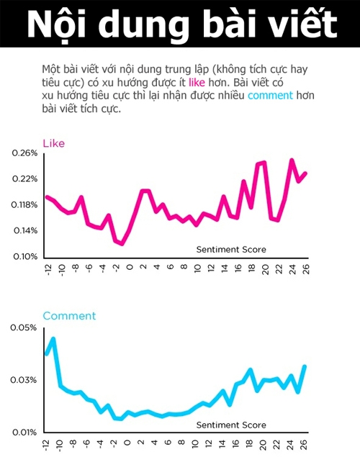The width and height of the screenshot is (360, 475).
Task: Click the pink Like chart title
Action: coord(53,143)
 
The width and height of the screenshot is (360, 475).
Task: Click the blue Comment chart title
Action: coord(69,316)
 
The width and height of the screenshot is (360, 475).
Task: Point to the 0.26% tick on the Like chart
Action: coord(25,153)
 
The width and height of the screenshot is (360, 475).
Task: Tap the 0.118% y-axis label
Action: coord(24,205)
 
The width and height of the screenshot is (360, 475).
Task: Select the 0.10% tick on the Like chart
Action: coord(25,257)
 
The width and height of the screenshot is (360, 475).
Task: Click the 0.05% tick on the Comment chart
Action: coord(23,327)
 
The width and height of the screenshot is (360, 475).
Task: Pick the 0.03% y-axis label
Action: coord(23,380)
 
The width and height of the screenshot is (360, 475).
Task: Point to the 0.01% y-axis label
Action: coord(24,433)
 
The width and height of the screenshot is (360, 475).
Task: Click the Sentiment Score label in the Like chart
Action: coord(231,250)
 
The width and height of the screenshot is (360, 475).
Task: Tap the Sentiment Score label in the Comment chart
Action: coord(231,425)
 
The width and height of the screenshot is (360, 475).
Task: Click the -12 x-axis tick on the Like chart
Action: coord(48,269)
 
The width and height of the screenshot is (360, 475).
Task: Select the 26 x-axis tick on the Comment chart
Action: coord(305,445)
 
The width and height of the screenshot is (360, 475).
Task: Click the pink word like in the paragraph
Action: coord(197,82)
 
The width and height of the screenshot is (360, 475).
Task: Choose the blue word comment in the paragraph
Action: coord(270,96)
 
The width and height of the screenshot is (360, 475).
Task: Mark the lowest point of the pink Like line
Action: coord(122,243)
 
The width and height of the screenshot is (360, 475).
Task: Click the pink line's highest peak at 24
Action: coord(292,160)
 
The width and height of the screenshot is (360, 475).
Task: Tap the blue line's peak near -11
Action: coord(53,338)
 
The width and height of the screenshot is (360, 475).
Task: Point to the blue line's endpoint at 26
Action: coord(305,366)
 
